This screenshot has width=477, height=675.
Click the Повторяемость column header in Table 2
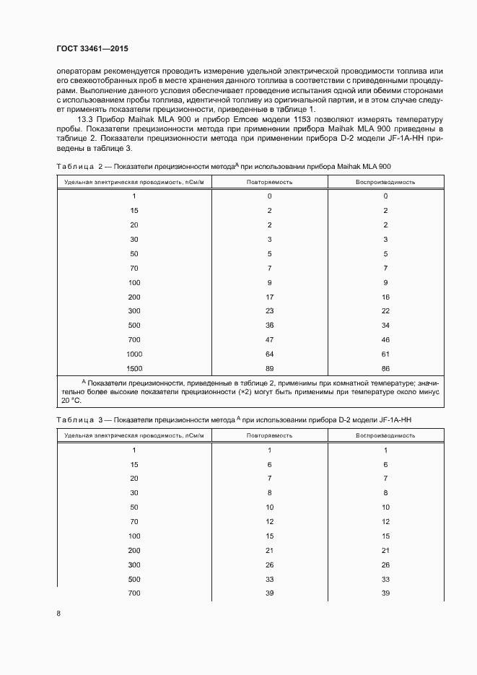(x=269, y=183)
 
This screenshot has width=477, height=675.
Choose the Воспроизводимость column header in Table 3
(x=385, y=435)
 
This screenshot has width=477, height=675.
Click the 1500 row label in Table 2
(x=134, y=368)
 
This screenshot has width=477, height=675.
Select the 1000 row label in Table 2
(x=134, y=354)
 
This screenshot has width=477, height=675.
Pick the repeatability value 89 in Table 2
(x=269, y=368)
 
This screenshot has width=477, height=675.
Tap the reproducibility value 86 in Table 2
(x=385, y=368)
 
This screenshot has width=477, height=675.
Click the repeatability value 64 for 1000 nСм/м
(x=269, y=354)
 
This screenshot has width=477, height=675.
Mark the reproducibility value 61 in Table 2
(x=385, y=354)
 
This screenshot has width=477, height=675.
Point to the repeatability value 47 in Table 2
(x=269, y=339)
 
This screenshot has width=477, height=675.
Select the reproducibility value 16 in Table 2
(x=385, y=297)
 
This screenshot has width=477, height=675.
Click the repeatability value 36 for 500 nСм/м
(x=269, y=325)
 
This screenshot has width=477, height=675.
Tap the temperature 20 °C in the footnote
(x=71, y=400)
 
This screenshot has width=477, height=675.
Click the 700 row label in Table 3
(x=134, y=592)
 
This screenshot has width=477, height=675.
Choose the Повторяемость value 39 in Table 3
(x=269, y=592)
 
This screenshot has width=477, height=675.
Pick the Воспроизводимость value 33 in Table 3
(x=385, y=578)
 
